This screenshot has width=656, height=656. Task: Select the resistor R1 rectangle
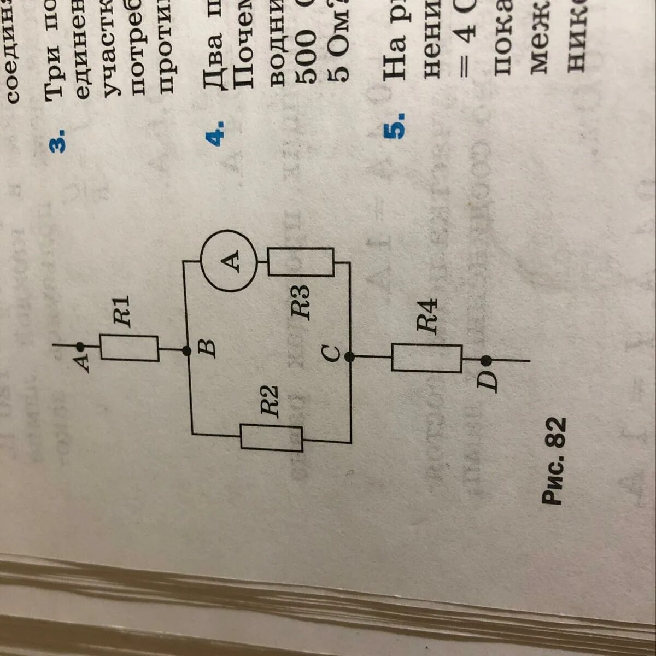pyautogui.click(x=130, y=348)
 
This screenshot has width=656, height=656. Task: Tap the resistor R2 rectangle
pyautogui.click(x=272, y=438)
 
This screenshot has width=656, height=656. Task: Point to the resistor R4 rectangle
pyautogui.click(x=427, y=358)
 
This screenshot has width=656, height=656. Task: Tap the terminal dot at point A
pyautogui.click(x=80, y=345)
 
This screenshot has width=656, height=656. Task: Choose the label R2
pyautogui.click(x=270, y=401)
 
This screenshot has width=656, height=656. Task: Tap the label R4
pyautogui.click(x=427, y=316)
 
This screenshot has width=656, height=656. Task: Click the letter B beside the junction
pyautogui.click(x=207, y=348)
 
